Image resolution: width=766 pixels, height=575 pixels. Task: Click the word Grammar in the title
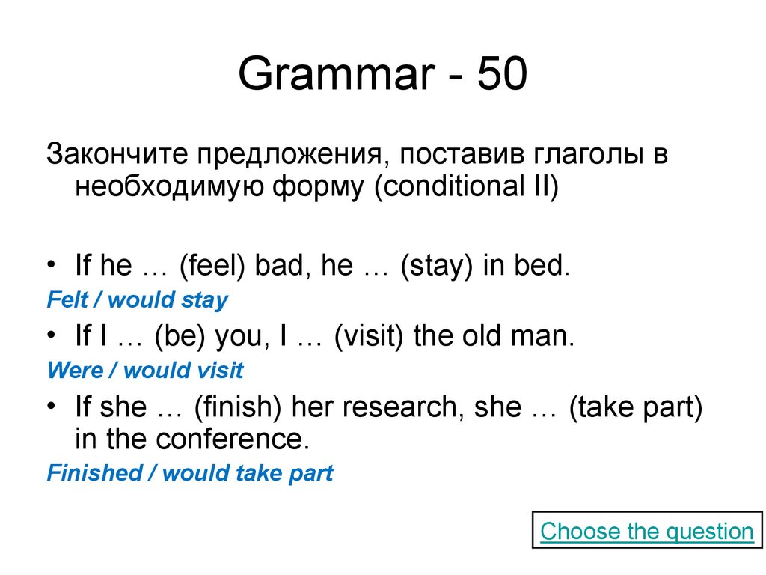335,76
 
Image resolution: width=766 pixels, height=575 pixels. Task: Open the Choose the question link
646,532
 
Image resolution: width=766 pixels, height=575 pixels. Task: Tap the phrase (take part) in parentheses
635,407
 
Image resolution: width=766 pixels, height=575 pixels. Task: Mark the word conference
232,439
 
